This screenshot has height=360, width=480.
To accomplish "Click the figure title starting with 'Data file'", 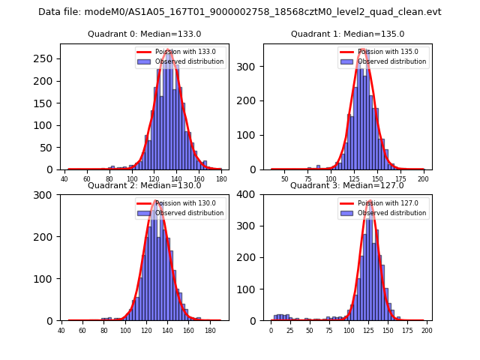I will tap(240, 12).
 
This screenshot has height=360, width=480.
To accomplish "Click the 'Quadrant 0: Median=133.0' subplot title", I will tap(144, 34).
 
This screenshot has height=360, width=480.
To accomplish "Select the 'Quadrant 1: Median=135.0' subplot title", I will tap(347, 34).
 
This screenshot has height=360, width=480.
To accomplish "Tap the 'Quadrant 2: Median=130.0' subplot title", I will tap(144, 185).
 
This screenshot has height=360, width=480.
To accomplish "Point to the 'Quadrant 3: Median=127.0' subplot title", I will tap(347, 185).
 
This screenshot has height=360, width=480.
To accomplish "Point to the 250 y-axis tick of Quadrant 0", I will tap(45, 58).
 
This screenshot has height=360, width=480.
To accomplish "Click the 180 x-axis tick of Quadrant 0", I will tap(221, 180).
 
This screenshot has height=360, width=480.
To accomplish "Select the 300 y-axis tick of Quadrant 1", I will tap(248, 67).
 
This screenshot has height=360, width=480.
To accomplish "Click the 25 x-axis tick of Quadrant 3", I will tap(290, 330).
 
